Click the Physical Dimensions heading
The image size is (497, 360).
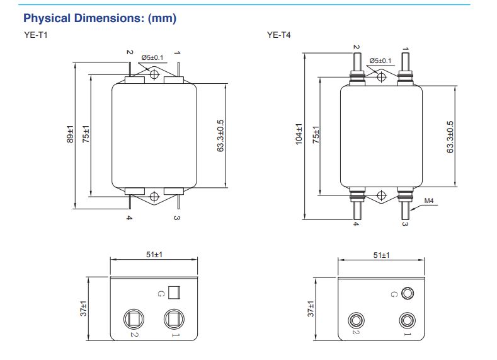click(100, 18)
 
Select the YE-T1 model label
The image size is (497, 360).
click(36, 35)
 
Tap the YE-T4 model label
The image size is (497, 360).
click(278, 35)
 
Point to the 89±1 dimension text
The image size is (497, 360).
click(70, 134)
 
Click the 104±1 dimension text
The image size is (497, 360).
click(299, 134)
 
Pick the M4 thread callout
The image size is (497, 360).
click(428, 200)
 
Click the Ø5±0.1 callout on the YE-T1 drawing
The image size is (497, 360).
click(152, 57)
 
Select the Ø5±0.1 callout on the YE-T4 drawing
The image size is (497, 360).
click(380, 61)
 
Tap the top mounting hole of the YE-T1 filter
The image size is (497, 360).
click(154, 75)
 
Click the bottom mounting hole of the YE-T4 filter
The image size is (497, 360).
click(381, 195)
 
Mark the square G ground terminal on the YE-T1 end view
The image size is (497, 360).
click(174, 293)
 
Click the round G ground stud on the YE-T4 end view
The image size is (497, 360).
click(408, 293)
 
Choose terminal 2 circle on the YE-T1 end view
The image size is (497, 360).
click(134, 320)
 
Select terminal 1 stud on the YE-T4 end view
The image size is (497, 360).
click(408, 320)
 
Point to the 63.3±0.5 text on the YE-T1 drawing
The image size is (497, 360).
click(220, 136)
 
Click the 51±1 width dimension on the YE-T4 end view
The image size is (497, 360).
click(381, 255)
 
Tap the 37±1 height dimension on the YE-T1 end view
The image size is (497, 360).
click(83, 308)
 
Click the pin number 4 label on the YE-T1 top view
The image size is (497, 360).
click(129, 218)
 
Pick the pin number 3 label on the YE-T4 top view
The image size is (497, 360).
click(405, 224)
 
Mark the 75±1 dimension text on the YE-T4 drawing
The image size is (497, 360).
click(316, 135)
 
